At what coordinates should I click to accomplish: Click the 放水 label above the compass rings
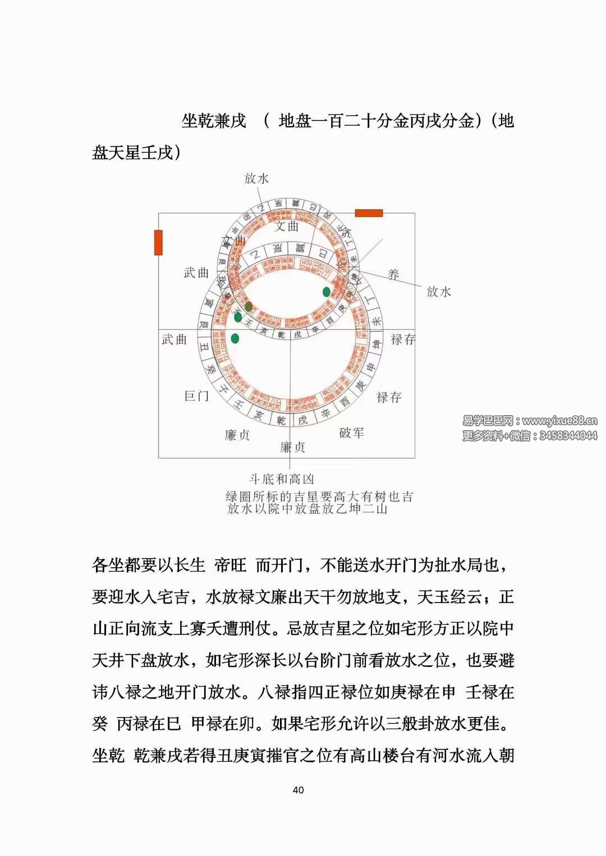coord(256,178)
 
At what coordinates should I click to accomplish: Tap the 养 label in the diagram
coord(393,274)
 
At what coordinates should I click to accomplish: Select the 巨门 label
coord(196,396)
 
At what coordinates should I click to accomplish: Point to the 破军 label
coord(352,432)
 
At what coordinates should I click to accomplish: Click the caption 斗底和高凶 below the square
coord(281,479)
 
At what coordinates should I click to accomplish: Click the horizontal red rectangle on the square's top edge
coord(369,213)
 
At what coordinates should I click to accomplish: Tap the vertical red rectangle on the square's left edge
coord(158,242)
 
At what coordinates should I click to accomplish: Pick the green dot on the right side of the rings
coord(326,292)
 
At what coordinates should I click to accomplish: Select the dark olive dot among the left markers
coord(248,306)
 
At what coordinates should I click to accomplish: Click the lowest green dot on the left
coord(235,338)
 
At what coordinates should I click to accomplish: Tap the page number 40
coord(298,790)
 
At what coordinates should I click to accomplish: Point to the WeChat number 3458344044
coord(568,436)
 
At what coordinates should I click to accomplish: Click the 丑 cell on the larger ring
coord(204,348)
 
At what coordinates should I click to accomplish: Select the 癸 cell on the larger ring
coord(212,370)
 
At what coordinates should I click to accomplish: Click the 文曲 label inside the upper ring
coord(287,227)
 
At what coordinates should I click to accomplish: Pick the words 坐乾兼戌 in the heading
coord(214,121)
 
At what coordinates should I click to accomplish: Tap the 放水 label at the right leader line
coord(438,292)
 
